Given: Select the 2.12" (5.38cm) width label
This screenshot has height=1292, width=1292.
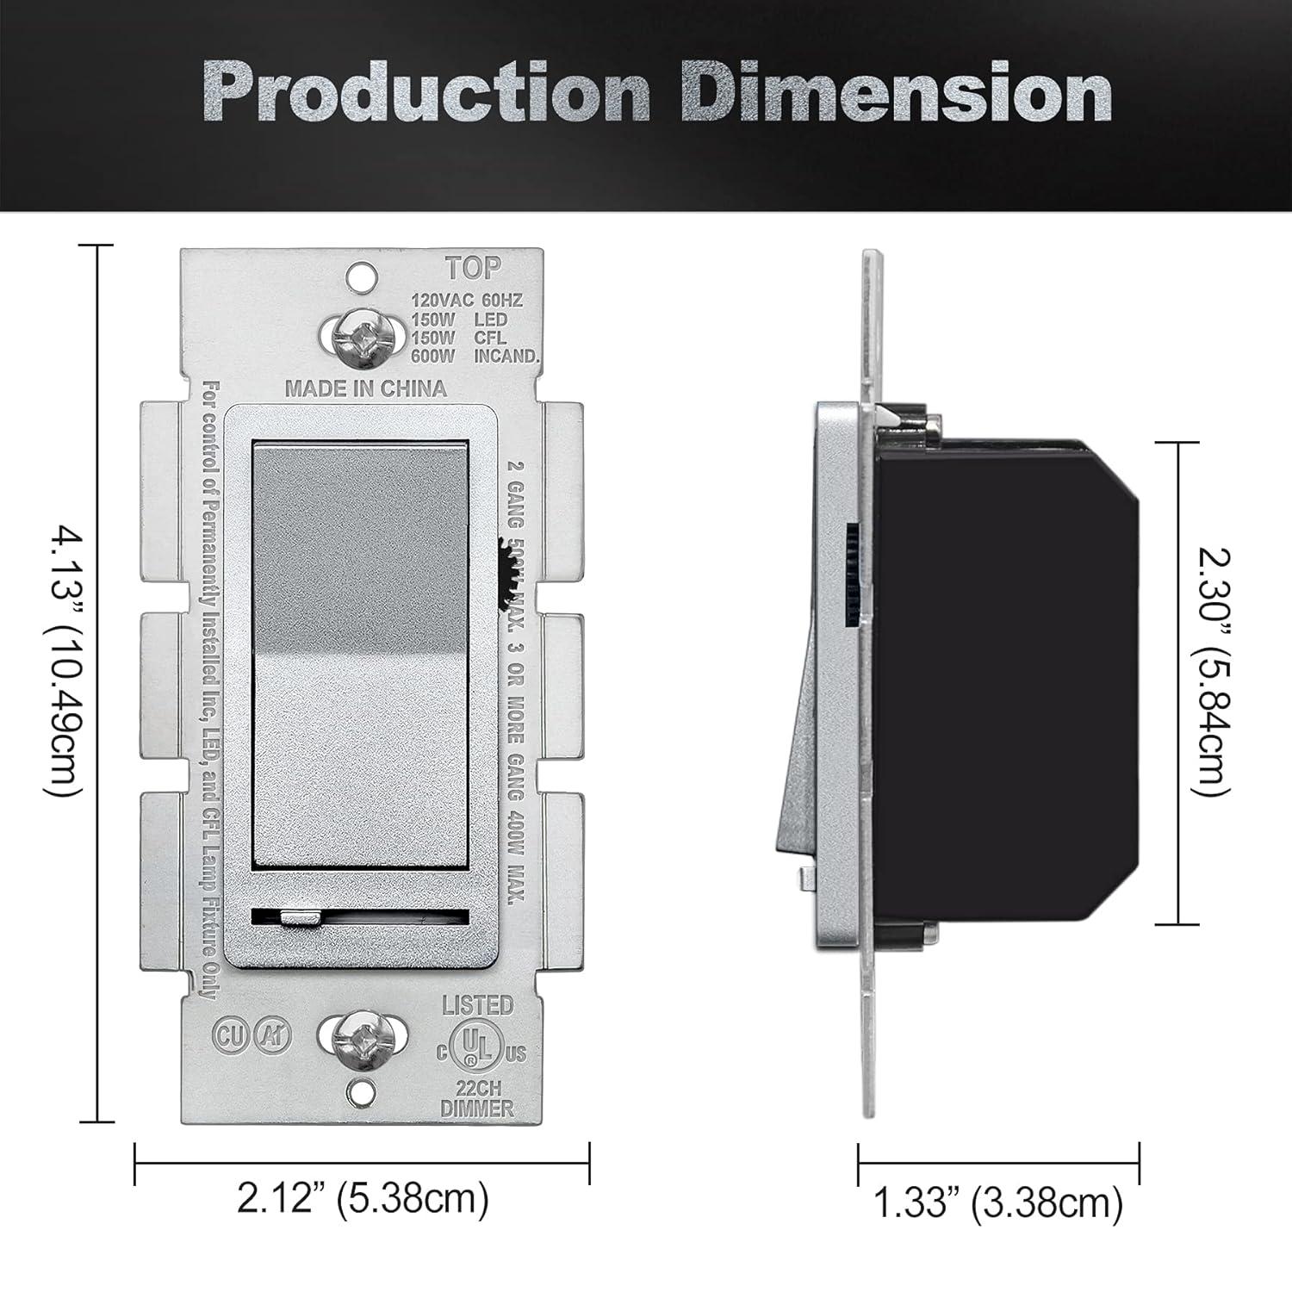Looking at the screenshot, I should coord(363,1198).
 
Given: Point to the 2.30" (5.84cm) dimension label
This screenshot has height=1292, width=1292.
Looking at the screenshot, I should coord(1215,673).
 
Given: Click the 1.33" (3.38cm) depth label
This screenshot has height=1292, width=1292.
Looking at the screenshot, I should coord(998,1202).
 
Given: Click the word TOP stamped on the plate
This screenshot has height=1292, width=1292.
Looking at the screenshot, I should coord(473,268).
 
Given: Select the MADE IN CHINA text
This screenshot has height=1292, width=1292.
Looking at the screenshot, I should coord(366,388).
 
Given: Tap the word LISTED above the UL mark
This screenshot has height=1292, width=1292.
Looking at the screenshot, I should coord(478,1005).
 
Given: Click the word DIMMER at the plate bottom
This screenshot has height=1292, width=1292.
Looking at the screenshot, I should coord(477,1109).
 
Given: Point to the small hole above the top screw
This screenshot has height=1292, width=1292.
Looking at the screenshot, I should coord(362,276).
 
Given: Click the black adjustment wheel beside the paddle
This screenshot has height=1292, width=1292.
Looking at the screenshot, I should coord(506,568).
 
